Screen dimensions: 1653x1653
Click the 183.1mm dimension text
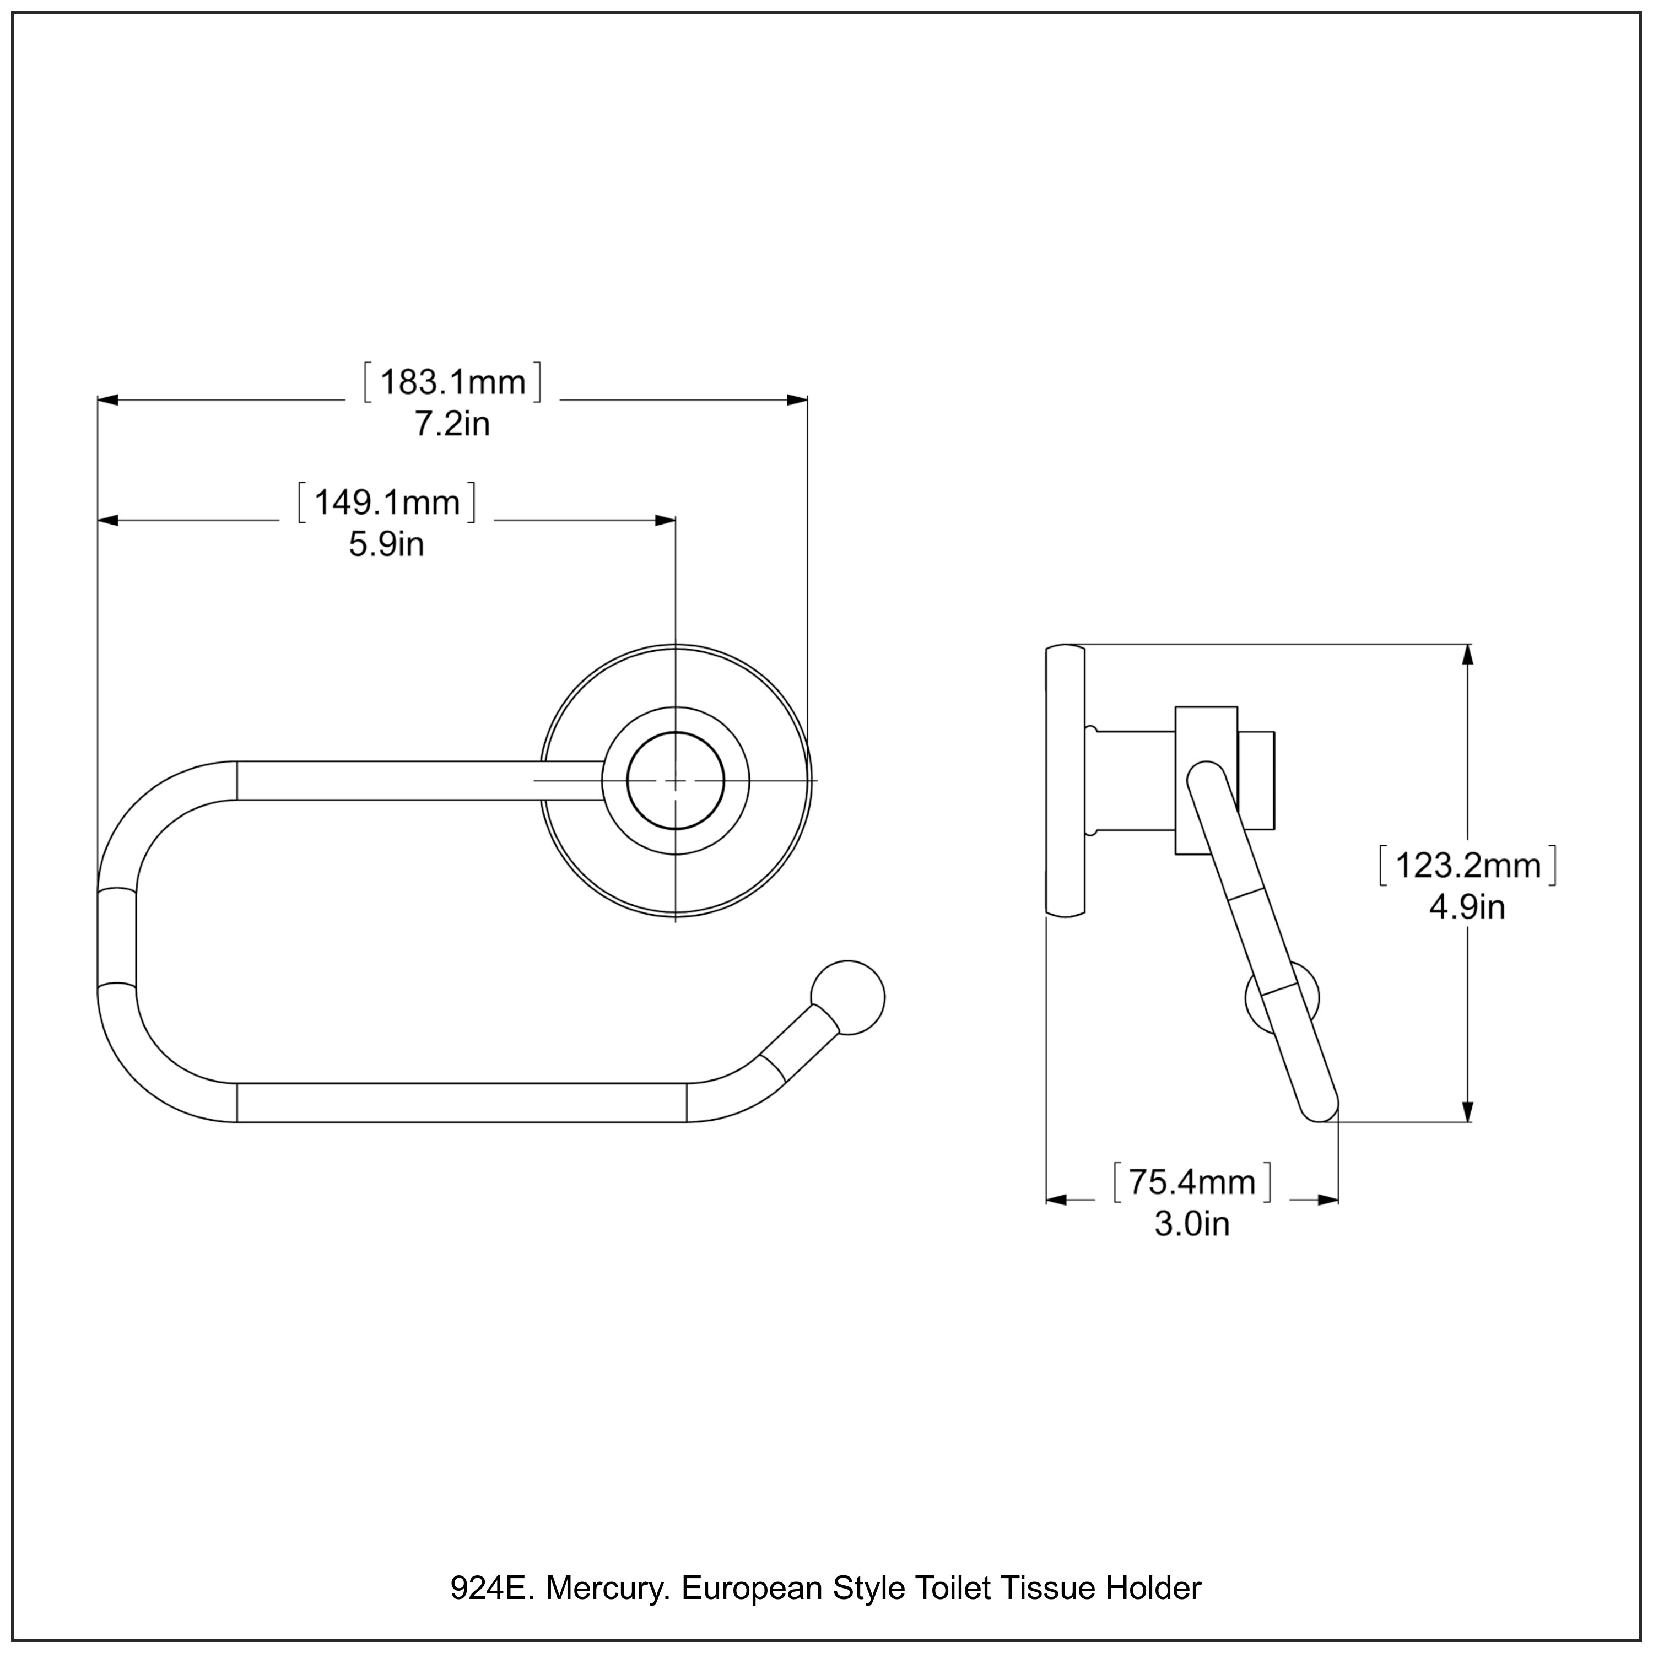click(452, 382)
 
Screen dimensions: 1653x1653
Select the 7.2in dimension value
click(452, 424)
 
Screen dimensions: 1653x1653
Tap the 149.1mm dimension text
click(387, 502)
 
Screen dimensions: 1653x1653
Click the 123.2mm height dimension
click(1467, 866)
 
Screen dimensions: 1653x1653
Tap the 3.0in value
click(1191, 1223)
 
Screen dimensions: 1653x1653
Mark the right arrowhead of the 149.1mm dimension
click(666, 520)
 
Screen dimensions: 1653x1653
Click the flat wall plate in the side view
click(1065, 781)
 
